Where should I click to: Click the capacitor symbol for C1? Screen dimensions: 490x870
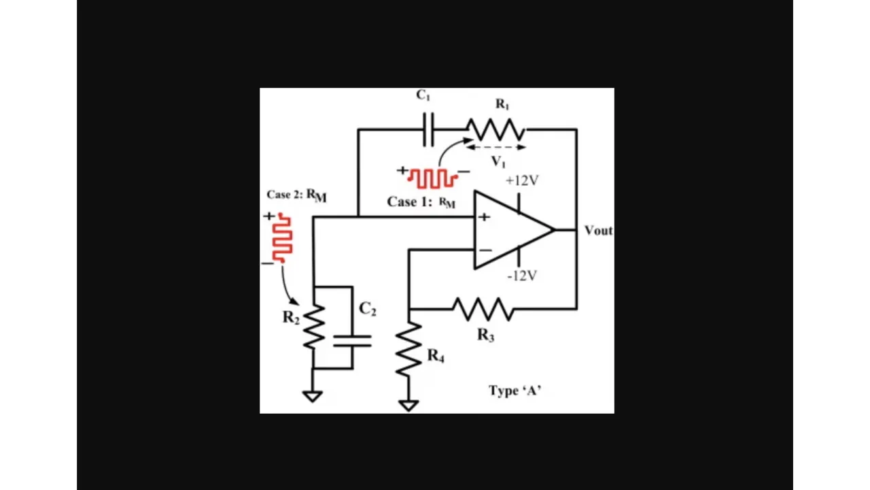click(428, 129)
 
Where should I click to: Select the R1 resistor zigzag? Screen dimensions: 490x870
click(496, 129)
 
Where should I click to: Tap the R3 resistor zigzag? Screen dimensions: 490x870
click(483, 309)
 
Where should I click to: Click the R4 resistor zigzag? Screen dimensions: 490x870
click(408, 348)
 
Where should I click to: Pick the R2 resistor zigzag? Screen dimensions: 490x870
click(313, 327)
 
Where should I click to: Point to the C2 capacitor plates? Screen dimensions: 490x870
click(352, 340)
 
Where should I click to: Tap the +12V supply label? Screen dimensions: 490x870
click(522, 180)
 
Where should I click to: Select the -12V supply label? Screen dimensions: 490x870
click(522, 276)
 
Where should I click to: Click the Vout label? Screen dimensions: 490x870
click(598, 231)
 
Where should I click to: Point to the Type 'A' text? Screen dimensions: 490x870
click(515, 390)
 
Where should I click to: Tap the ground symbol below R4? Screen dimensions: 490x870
click(408, 405)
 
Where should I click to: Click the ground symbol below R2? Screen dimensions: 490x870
click(313, 395)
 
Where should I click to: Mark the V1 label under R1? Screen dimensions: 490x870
click(499, 161)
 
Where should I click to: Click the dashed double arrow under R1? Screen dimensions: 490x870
click(496, 146)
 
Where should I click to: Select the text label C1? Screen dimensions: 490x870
click(423, 96)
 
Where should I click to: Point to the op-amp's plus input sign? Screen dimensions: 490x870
click(484, 217)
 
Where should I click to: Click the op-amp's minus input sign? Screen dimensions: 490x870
click(485, 250)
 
